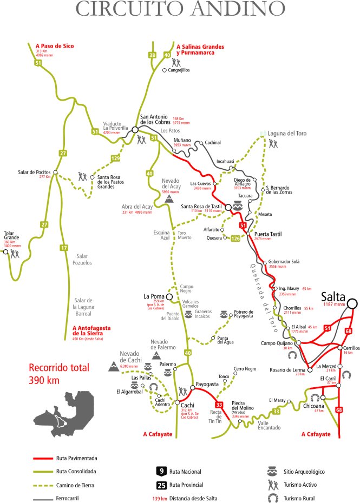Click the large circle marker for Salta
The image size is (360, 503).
pos(352,304)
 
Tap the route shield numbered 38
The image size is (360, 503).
pos(152,55)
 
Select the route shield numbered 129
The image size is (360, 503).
pos(115,158)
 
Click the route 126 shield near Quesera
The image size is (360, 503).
pos(235,239)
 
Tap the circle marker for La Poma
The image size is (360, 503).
pos(169,297)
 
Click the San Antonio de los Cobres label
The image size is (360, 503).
pos(155,119)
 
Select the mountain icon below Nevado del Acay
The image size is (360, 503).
pos(169,200)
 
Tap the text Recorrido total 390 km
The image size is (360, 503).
pos(58,373)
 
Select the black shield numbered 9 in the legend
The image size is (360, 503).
pos(161,472)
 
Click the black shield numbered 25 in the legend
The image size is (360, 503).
pos(161,485)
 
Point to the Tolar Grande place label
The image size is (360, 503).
pos(12,236)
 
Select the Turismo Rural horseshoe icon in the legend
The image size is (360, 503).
pos(273,498)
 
